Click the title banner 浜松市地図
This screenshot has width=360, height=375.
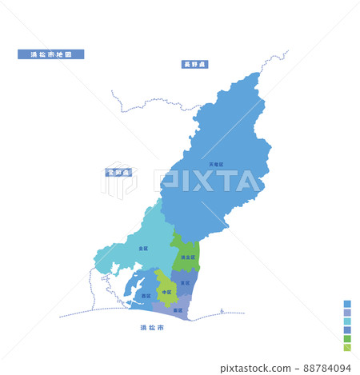(51, 54)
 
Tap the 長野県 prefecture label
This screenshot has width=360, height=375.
(195, 64)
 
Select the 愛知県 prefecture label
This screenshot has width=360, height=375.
(119, 172)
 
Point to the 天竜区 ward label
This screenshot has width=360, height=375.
(216, 164)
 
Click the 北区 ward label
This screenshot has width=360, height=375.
(142, 249)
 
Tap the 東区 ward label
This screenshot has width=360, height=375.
(186, 283)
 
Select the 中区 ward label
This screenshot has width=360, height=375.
(166, 292)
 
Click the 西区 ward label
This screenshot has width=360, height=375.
(146, 296)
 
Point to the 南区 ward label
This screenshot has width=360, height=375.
(177, 309)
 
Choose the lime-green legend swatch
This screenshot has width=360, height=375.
(347, 348)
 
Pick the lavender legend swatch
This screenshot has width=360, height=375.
(347, 313)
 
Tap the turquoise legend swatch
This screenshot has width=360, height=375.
(347, 321)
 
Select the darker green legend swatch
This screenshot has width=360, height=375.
(347, 339)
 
